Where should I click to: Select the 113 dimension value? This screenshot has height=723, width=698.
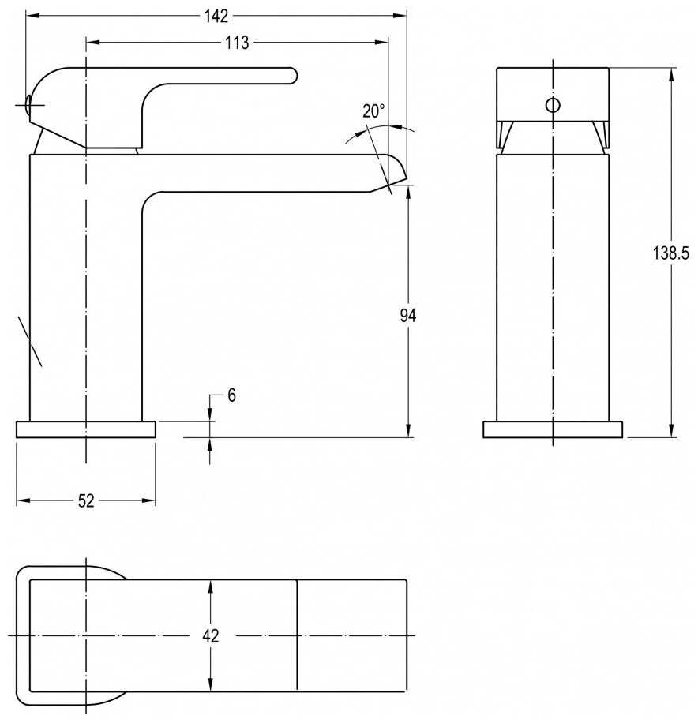pos(236,43)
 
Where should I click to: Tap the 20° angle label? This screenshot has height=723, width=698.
pos(373,111)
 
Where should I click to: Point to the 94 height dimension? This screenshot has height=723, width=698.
pos(407,316)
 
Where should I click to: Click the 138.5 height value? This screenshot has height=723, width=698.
pos(671,253)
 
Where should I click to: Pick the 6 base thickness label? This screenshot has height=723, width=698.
pos(231,395)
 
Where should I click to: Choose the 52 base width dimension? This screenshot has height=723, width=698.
pos(85,500)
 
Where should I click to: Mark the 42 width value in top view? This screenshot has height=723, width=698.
pos(210,635)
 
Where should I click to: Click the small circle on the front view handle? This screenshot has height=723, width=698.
pos(553,104)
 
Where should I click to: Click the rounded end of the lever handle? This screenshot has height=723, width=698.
pos(291,75)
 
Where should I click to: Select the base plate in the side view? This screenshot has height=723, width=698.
pos(86,429)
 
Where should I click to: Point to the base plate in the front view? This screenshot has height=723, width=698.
pos(553,429)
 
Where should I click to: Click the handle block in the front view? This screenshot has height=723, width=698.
pos(553,94)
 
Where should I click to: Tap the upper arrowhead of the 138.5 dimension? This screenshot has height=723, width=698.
pos(671,73)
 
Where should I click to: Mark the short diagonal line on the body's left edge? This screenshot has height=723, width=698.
pos(30,341)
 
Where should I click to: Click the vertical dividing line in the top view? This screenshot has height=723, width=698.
pos(296,635)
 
